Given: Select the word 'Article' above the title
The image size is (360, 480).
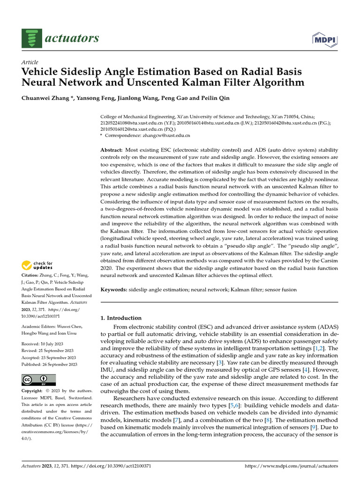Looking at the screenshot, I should (30, 62).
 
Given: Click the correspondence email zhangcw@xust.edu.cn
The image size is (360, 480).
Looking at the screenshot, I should (167, 135).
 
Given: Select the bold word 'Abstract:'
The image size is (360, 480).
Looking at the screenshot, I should (112, 149).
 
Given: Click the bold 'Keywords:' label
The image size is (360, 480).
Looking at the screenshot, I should (114, 290).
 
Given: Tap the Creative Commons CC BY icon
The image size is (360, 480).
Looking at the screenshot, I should (38, 380).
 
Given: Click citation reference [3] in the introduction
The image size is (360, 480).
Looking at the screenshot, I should (219, 362).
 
